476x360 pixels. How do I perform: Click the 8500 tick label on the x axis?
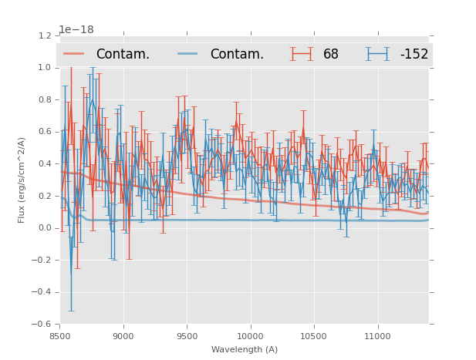tap(59, 336)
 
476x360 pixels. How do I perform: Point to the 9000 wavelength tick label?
tap(123, 336)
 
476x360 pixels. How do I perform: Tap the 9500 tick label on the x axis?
tap(187, 336)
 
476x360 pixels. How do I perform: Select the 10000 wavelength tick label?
tap(250, 336)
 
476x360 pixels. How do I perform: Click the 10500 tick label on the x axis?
tap(314, 336)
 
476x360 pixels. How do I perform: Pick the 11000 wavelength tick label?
tap(377, 336)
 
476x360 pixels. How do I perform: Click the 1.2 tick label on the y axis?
tap(45, 35)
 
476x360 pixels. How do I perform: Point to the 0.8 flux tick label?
tap(45, 99)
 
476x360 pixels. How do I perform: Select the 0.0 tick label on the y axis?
tap(45, 228)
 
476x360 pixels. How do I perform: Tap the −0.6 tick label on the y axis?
tap(42, 325)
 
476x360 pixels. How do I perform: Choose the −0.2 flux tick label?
tap(42, 261)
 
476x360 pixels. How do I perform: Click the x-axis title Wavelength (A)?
tap(245, 349)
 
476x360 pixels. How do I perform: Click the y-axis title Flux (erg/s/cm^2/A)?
tap(22, 180)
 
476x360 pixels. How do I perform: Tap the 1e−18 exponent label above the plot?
tap(76, 30)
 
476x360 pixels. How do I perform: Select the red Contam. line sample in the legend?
tap(74, 54)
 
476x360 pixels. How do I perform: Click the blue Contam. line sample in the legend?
tap(188, 54)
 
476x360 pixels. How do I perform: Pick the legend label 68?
tap(331, 55)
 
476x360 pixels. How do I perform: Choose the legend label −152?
tap(414, 55)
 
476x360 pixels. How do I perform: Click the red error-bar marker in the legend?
tap(302, 54)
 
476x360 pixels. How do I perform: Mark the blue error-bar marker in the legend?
tap(378, 54)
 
